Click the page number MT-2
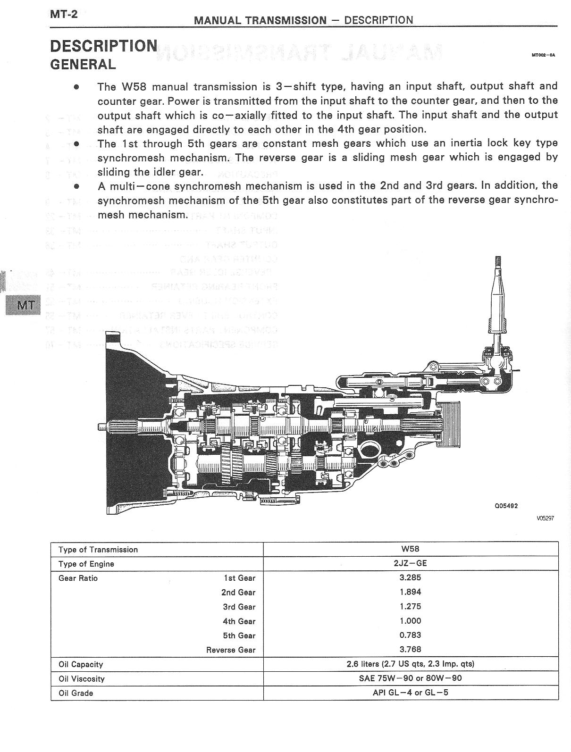pos(63,14)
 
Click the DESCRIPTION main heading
pos(104,46)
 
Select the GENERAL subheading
pos(83,64)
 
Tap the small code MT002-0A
pos(543,55)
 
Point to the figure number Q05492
pos(506,506)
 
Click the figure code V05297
pos(545,518)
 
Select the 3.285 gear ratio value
pos(410,577)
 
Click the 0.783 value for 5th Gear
pos(410,635)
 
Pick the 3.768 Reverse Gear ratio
pos(410,649)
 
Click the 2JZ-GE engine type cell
pos(410,563)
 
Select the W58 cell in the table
pos(410,549)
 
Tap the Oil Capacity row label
pos(81,664)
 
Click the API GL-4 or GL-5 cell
pos(410,693)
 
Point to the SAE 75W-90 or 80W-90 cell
pos(410,678)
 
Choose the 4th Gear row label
pos(239,621)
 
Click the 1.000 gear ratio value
pos(410,621)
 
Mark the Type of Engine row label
pos(86,564)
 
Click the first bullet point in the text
pos(76,87)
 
